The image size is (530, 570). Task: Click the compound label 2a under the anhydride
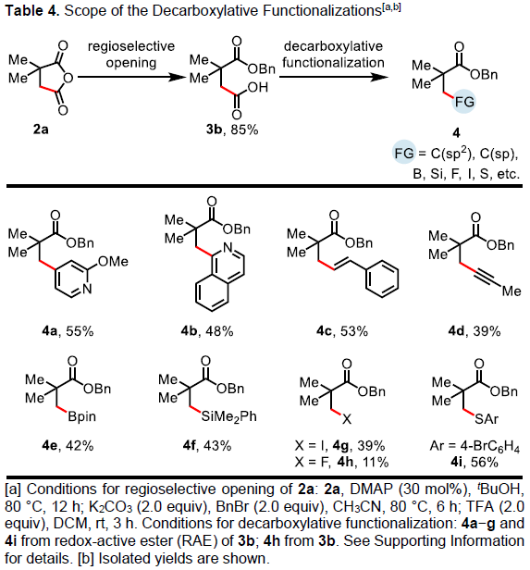pos(41,129)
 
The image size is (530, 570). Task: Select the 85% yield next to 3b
pos(244,130)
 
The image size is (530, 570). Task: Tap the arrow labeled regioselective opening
pos(130,77)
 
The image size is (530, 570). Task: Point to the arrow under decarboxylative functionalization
pos(334,77)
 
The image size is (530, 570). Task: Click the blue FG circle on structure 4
pos(464,102)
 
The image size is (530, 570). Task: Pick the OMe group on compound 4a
pos(113,262)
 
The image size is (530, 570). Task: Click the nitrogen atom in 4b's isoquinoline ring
pos(228,248)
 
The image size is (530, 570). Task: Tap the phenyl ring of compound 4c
pos(382,279)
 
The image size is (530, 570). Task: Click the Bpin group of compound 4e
pos(82,416)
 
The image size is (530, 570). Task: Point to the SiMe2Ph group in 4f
pos(228,416)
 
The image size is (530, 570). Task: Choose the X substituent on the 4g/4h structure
pos(347,420)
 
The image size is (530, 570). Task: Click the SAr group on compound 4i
pos(487,419)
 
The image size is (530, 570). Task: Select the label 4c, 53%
pos(342,331)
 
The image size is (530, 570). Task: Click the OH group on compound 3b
pos(257,87)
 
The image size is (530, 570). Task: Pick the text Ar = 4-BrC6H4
pos(475,446)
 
